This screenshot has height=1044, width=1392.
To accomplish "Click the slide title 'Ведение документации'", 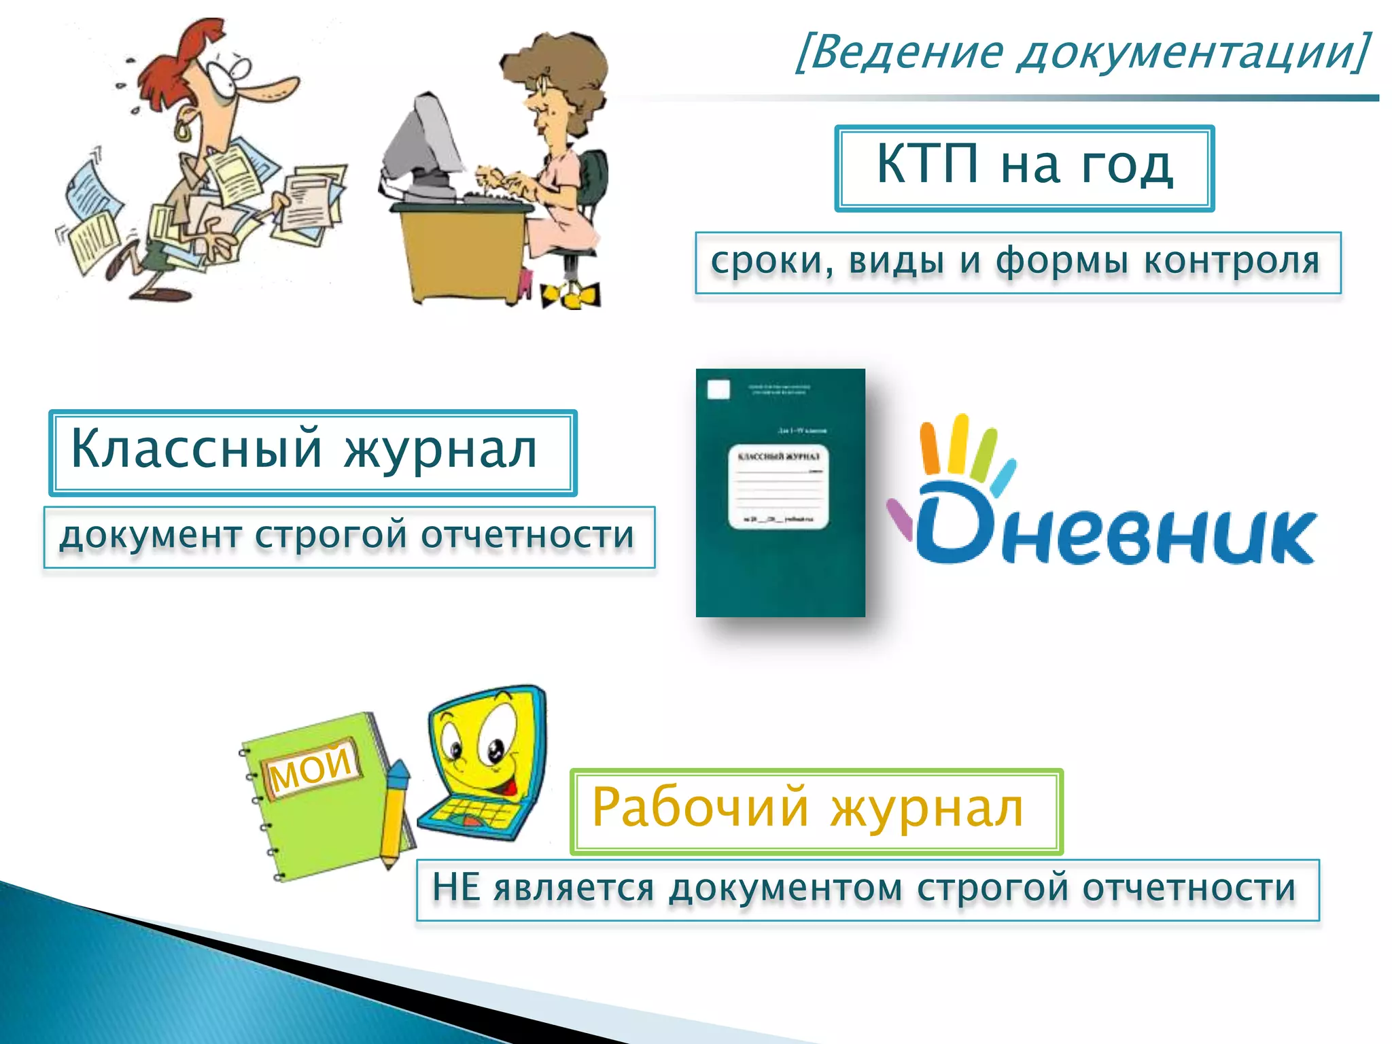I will pos(1081,52).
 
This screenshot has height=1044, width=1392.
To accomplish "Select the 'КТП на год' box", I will pos(1024,168).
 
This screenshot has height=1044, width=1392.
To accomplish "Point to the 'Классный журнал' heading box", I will pos(313,452).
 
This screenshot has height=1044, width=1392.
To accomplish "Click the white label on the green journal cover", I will pos(779,487).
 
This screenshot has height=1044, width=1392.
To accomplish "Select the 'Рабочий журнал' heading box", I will pos(816,811).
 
